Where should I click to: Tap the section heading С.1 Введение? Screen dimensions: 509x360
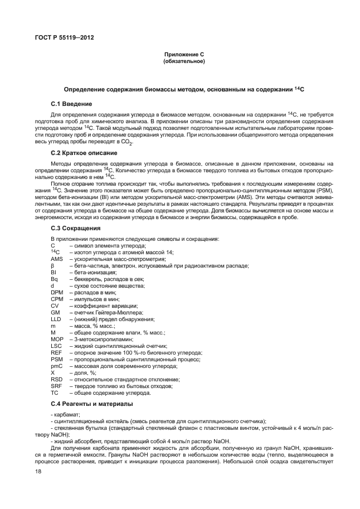(71, 104)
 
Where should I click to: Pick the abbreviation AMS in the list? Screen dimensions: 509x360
(56, 259)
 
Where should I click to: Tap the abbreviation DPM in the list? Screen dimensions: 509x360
(57, 292)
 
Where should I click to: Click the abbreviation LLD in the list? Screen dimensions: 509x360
(56, 319)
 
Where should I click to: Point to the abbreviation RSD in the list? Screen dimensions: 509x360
(56, 379)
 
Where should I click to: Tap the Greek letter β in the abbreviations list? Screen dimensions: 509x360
(52, 265)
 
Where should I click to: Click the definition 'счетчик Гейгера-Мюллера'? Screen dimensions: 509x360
(106, 312)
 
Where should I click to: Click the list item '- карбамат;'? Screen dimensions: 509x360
(65, 414)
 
